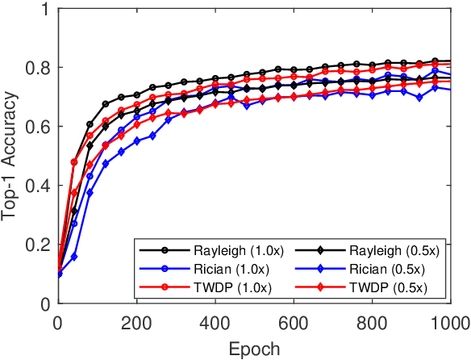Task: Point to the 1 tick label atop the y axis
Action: [41, 10]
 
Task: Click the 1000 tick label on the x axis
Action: [448, 323]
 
